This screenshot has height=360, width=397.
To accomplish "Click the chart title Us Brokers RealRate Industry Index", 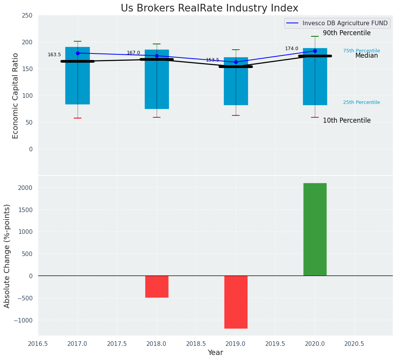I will click(x=209, y=8).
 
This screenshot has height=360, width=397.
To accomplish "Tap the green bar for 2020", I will click(x=315, y=229).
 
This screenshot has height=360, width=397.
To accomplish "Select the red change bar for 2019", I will click(x=236, y=302).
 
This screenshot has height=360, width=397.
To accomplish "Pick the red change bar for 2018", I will click(x=157, y=286).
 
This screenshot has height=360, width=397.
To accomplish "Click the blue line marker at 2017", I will click(x=78, y=53).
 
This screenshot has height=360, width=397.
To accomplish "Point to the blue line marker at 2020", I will click(x=315, y=51).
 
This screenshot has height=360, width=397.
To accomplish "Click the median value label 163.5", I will click(x=54, y=55).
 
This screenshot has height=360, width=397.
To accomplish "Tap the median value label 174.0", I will click(x=292, y=49).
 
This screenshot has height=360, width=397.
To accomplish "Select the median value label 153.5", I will click(x=212, y=60).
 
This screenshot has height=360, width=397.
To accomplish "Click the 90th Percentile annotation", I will click(x=347, y=33).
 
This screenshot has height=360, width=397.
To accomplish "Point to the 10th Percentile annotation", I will click(x=347, y=121).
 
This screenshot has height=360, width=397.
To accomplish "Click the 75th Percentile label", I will click(x=361, y=51).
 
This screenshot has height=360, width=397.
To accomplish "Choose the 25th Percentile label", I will click(x=361, y=102).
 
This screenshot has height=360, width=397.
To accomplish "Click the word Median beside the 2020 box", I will click(x=366, y=56).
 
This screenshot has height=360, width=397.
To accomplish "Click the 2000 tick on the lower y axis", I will click(x=25, y=188).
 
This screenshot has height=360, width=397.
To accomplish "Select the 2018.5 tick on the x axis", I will click(x=196, y=344).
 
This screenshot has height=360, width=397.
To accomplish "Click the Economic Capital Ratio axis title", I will click(x=16, y=96).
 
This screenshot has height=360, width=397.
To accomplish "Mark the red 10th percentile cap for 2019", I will click(x=236, y=115).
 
